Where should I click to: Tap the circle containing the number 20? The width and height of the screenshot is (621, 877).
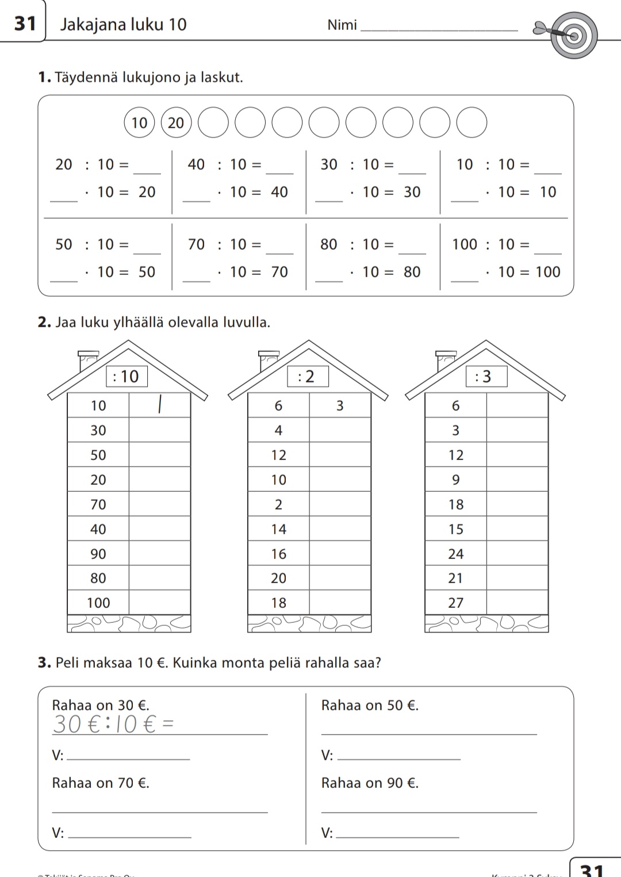point(176,122)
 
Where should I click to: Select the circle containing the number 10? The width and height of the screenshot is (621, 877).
point(139,122)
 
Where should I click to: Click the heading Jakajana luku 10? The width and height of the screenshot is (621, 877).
point(123,24)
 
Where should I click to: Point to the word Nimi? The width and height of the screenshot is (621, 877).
point(342,25)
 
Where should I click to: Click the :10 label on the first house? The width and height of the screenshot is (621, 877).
point(126,377)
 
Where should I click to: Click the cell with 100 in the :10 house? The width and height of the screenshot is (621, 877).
point(98,603)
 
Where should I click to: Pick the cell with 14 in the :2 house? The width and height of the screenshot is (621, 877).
point(279,529)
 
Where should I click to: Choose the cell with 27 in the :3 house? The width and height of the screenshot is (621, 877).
point(456,603)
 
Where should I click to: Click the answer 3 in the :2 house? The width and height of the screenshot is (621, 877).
point(340,405)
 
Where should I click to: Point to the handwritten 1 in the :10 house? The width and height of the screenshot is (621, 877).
point(159,405)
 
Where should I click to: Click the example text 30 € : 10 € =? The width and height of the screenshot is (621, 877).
point(113,724)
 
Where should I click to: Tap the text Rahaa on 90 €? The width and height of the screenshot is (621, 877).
point(370,783)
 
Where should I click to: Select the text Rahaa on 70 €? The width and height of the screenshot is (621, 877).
point(101,783)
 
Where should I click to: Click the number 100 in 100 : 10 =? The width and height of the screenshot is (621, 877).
point(465,244)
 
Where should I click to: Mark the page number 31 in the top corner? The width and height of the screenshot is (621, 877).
point(25,23)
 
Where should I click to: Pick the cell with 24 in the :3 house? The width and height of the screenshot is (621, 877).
point(456,554)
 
